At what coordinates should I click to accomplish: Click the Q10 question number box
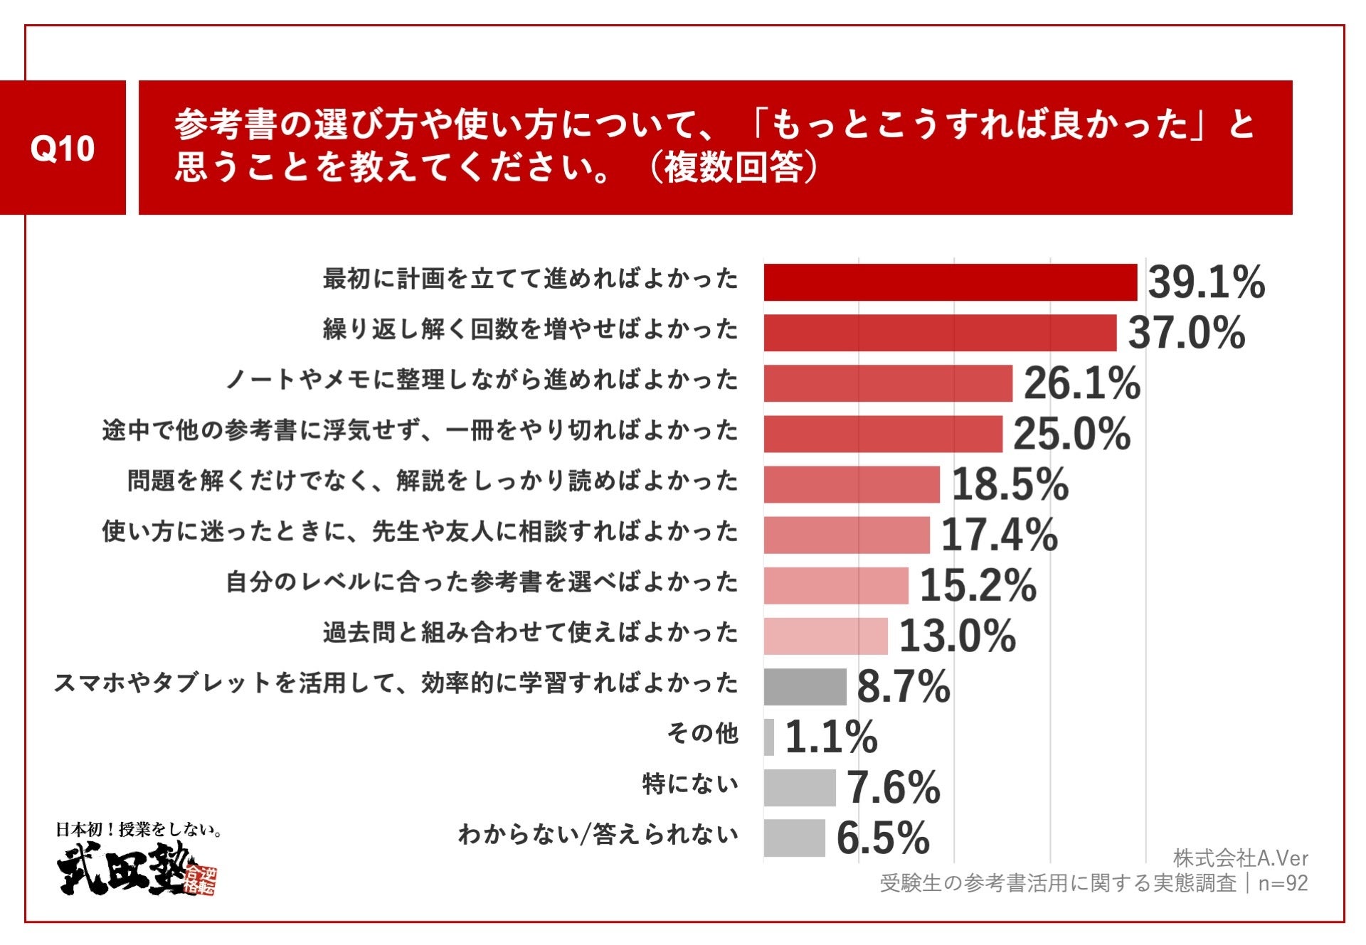(63, 147)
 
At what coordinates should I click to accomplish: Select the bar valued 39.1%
(950, 282)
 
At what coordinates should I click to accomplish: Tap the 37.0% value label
(1186, 333)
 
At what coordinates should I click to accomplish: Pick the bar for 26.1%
(887, 383)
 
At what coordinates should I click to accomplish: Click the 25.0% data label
(1071, 434)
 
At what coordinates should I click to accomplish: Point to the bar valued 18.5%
(851, 484)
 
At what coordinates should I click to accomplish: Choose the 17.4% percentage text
(998, 535)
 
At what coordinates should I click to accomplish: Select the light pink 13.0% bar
(825, 636)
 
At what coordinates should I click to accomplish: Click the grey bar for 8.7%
(805, 686)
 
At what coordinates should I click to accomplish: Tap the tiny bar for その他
(768, 737)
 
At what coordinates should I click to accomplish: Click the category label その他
(702, 733)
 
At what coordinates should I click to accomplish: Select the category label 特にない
(690, 784)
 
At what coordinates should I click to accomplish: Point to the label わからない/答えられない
(598, 834)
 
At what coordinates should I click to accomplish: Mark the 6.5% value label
(882, 838)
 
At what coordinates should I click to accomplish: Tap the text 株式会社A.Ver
(1240, 858)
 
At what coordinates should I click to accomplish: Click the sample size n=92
(1283, 883)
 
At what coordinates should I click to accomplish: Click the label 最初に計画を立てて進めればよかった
(530, 279)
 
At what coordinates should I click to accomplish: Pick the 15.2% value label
(978, 585)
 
